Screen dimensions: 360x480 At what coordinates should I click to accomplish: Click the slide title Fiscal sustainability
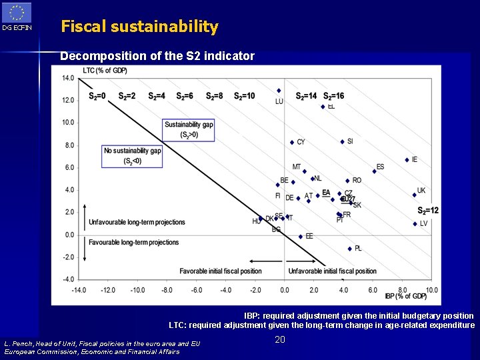click(x=139, y=27)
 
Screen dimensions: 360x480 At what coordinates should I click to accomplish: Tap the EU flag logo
click(x=16, y=13)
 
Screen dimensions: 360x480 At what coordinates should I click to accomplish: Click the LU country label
click(x=279, y=101)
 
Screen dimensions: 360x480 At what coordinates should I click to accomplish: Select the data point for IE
click(x=407, y=160)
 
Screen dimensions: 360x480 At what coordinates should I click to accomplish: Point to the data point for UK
click(x=414, y=195)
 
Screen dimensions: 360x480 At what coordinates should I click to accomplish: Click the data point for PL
click(x=349, y=249)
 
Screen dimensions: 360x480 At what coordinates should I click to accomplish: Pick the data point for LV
click(x=415, y=224)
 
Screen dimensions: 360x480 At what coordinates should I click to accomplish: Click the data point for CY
click(x=292, y=142)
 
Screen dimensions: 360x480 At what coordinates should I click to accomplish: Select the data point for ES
click(x=374, y=171)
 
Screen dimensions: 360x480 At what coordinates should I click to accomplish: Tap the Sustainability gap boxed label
click(x=189, y=129)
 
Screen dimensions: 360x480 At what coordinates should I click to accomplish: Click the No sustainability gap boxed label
click(x=132, y=155)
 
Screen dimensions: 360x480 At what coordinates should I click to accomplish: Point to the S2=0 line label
click(x=97, y=96)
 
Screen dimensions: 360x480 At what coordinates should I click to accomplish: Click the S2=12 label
click(x=428, y=211)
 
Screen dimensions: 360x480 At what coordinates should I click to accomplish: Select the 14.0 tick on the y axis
click(x=67, y=78)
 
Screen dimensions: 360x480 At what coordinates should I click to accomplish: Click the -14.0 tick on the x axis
click(x=79, y=290)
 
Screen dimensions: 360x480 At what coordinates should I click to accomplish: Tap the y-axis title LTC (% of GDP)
click(x=105, y=70)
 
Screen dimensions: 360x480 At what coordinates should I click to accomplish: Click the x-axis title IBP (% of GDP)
click(x=405, y=296)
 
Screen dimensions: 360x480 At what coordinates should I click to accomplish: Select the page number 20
click(x=280, y=340)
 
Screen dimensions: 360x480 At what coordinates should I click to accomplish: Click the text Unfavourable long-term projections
click(x=137, y=222)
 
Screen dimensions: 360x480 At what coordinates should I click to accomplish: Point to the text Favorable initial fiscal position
click(x=220, y=271)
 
